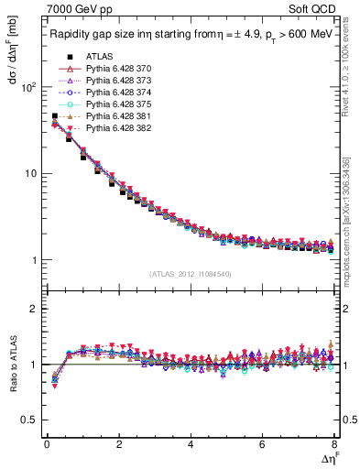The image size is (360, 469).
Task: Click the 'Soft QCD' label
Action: (312, 12)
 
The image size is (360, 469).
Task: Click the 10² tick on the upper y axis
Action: (28, 87)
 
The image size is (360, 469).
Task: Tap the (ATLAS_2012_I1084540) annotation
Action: (191, 273)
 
